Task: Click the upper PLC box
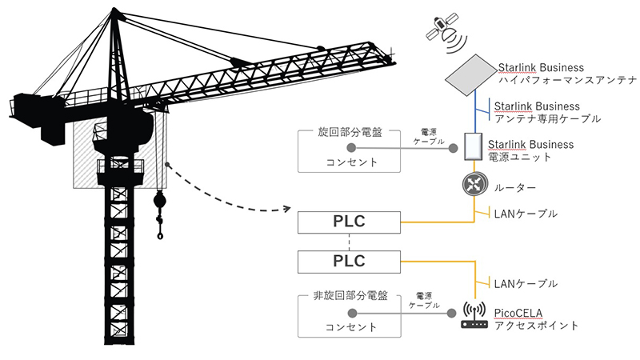coord(349,222)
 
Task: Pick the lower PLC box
coord(349,261)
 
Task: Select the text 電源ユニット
coord(525,158)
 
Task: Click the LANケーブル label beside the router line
coord(526,214)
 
